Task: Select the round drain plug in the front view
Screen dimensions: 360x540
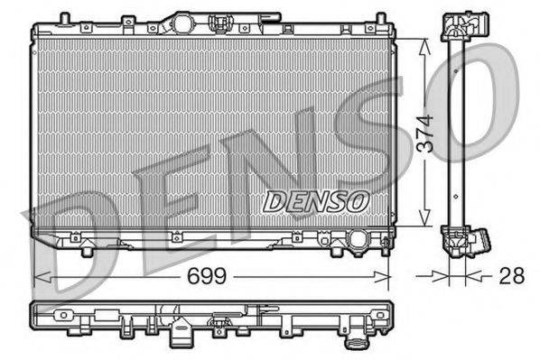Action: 358,241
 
